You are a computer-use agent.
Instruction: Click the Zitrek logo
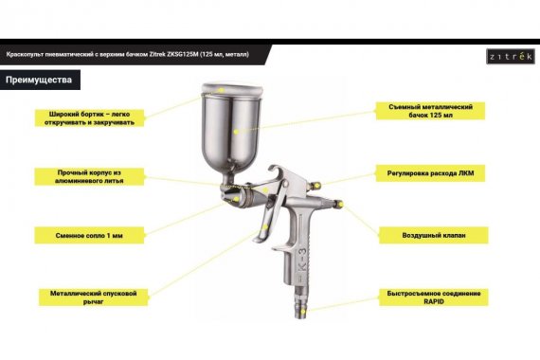click(x=511, y=57)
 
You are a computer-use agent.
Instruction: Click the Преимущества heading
click(x=39, y=80)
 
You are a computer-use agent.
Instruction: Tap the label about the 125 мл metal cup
click(x=430, y=111)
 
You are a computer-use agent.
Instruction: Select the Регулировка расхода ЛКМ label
click(x=430, y=173)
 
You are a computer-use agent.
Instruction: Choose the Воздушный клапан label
click(x=434, y=235)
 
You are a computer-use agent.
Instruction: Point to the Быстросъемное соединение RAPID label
click(x=434, y=297)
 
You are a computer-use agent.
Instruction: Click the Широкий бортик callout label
click(x=89, y=117)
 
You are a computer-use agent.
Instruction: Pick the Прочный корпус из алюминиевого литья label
click(x=89, y=176)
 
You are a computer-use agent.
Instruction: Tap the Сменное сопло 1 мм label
click(x=89, y=235)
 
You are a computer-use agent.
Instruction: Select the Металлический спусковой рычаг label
click(x=94, y=297)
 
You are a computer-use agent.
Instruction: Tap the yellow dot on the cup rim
click(x=222, y=90)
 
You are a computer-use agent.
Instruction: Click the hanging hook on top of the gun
click(x=278, y=171)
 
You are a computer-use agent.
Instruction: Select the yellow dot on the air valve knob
click(x=340, y=205)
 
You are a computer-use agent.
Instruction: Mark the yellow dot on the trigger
click(x=264, y=227)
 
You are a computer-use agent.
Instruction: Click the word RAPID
click(x=434, y=301)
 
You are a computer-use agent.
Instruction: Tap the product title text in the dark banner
click(x=128, y=54)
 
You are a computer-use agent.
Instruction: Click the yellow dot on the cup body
click(x=236, y=132)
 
